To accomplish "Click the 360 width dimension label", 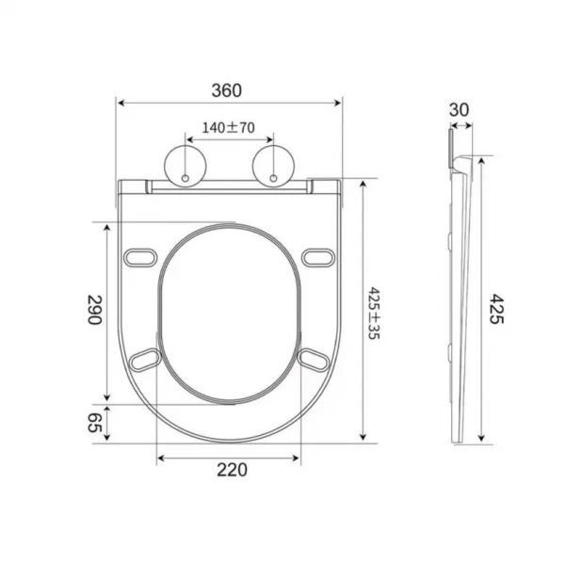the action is pos(227,90).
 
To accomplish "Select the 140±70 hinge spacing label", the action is pos(229,127).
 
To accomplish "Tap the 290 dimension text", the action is pos(95,310).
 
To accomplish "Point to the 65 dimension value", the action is pos(95,422).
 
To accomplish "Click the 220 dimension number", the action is pos(232,470).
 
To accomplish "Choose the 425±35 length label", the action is pos(375,314).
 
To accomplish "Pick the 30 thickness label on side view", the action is pos(460,110).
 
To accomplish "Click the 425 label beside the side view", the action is pos(496,309).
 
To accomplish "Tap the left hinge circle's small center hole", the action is pos(186,178).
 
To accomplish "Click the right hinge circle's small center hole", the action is pos(273,178).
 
